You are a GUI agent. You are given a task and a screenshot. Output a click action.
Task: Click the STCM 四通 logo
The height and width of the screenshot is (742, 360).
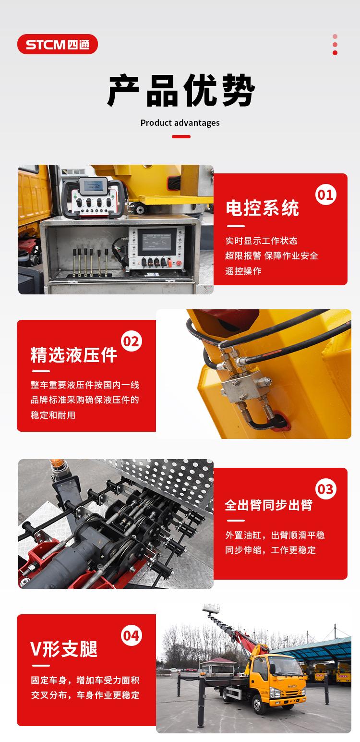[x=58, y=44]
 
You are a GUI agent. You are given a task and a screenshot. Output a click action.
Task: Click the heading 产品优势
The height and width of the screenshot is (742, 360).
[x=181, y=90]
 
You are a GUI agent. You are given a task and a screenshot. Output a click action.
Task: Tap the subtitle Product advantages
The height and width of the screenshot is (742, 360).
[x=180, y=123]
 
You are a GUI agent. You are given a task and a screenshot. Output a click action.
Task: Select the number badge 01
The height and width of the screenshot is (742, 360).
[x=326, y=195]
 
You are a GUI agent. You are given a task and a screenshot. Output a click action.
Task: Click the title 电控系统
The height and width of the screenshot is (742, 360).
[x=262, y=208]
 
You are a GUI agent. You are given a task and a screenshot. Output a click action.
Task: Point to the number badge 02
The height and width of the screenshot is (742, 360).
[x=132, y=341]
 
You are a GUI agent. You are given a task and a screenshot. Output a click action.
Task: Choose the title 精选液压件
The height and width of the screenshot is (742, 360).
[x=74, y=355]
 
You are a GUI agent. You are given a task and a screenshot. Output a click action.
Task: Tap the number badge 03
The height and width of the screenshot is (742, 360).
[x=326, y=489]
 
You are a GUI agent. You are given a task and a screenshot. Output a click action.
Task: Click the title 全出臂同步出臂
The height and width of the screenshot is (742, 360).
[x=269, y=505]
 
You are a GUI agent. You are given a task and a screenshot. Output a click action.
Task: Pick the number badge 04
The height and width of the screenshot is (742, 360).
[x=132, y=635]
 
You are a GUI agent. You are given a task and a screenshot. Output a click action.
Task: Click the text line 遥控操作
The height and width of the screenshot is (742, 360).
[x=243, y=271]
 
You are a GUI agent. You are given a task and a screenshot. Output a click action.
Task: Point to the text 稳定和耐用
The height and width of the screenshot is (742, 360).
[x=53, y=415]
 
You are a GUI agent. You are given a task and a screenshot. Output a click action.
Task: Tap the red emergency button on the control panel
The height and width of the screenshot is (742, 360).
[x=180, y=263]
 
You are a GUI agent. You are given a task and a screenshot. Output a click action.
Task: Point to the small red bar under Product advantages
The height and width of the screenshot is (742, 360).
[x=181, y=136]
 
